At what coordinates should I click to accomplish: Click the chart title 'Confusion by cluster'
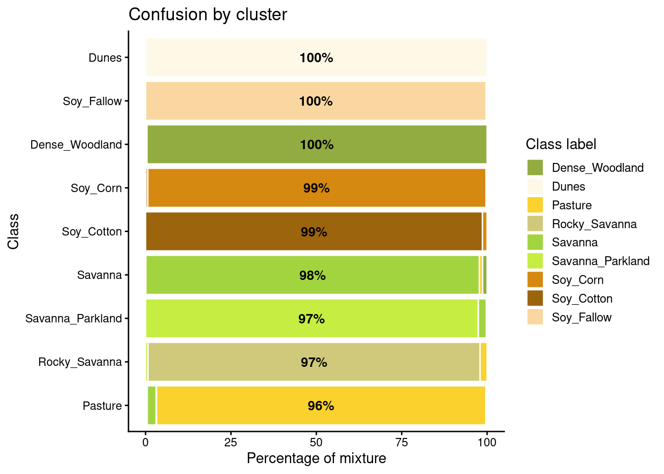pos(207,15)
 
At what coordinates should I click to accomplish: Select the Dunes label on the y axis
pos(105,58)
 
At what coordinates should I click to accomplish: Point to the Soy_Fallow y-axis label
pos(92,101)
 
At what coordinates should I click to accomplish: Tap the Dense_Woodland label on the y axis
pos(76,145)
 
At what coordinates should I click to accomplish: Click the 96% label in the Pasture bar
pos(321,406)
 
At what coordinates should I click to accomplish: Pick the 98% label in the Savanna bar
pos(312,276)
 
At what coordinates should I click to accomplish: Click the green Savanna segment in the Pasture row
pos(152,405)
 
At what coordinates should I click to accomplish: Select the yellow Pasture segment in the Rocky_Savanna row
pos(484,362)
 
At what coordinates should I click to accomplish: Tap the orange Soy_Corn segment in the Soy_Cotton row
pos(485,232)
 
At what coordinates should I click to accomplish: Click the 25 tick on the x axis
pos(231,442)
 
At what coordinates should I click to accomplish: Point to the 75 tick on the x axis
pos(402,442)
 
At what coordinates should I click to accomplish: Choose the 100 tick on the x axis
pos(487,442)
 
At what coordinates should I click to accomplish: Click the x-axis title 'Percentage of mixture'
pos(316,459)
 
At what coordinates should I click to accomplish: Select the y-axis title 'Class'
pos(13,231)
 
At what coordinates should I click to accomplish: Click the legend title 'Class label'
pos(561,144)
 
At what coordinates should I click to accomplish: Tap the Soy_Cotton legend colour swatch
pos(535,298)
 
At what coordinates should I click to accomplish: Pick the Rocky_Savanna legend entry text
pos(594,224)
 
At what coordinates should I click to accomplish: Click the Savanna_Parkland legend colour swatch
pos(535,261)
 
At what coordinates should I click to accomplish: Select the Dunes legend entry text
pos(568,187)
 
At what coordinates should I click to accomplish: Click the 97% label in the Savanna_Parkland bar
pos(311,319)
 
